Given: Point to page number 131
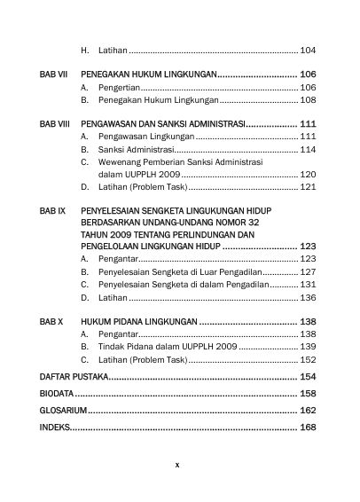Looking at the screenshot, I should pyautogui.click(x=308, y=286).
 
